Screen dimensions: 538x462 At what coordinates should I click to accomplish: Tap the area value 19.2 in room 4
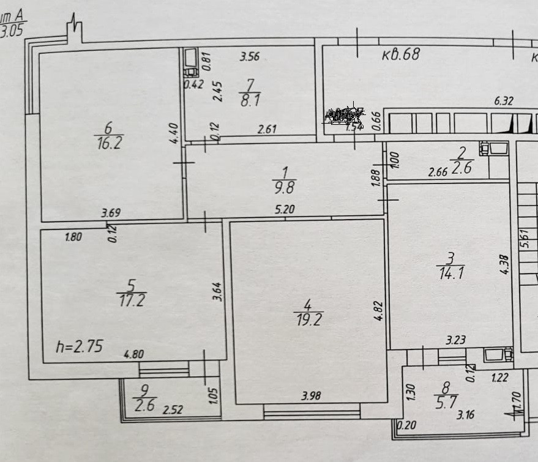tap(308, 318)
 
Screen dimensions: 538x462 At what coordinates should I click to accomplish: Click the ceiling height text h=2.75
tap(79, 347)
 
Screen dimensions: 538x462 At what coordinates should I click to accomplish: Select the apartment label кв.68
tap(401, 54)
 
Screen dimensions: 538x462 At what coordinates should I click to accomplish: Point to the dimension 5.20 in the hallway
tap(286, 209)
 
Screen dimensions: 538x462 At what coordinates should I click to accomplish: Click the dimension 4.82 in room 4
tap(379, 310)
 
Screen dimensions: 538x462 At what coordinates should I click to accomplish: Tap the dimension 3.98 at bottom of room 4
tap(311, 395)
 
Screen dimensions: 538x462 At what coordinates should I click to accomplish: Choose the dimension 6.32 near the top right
tap(503, 102)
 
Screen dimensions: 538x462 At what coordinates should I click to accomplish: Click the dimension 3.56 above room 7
tap(250, 58)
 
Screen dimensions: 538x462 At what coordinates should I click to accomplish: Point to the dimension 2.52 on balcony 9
tap(173, 409)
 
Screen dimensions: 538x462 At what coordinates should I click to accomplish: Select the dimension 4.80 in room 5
tap(135, 353)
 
